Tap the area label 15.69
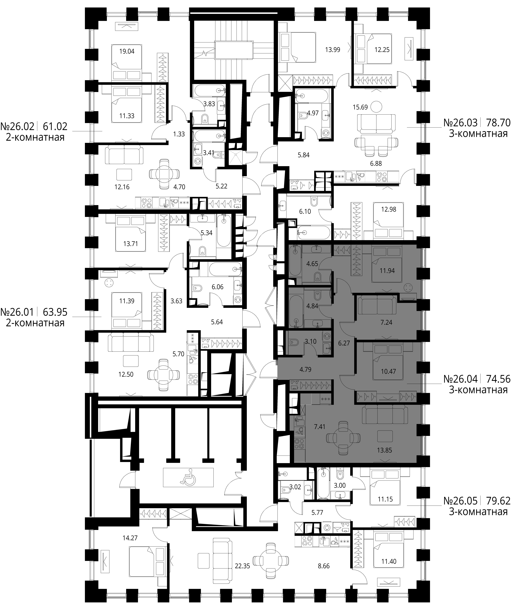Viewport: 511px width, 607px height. tap(360, 107)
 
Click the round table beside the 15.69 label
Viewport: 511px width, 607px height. tap(377, 107)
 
